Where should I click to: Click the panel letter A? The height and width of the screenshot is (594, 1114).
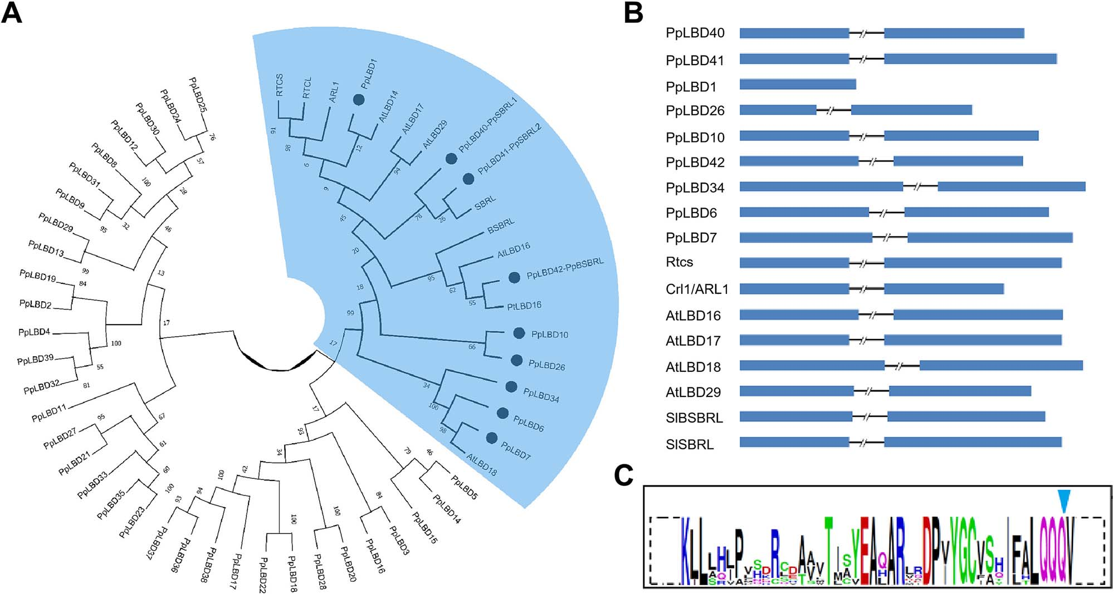click(x=12, y=12)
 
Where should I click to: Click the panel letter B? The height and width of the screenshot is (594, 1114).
click(x=634, y=12)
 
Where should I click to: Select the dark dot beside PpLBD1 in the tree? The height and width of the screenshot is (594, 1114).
click(x=359, y=100)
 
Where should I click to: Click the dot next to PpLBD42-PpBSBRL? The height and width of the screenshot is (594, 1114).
click(x=514, y=277)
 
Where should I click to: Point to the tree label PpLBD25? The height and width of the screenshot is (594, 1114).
click(x=198, y=95)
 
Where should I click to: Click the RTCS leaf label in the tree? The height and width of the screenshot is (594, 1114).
click(x=280, y=85)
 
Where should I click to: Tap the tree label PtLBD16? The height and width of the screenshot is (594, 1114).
click(x=524, y=306)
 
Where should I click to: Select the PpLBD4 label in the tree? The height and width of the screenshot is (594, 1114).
click(x=35, y=332)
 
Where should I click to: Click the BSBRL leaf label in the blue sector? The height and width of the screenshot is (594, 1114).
click(x=501, y=225)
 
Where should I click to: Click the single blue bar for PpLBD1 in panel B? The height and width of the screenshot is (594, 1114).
click(x=798, y=85)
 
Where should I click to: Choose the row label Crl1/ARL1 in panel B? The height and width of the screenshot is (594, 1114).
click(x=697, y=289)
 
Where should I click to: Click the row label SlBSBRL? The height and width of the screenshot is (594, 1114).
click(x=694, y=418)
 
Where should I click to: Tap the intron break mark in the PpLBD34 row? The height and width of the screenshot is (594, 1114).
click(x=917, y=186)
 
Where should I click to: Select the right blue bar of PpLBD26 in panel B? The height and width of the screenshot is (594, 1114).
click(x=911, y=110)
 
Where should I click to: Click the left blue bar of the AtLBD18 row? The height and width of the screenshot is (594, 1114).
click(x=812, y=366)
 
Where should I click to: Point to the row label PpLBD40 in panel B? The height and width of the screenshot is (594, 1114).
click(x=695, y=33)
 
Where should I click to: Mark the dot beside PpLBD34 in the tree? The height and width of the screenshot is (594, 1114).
click(x=511, y=386)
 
